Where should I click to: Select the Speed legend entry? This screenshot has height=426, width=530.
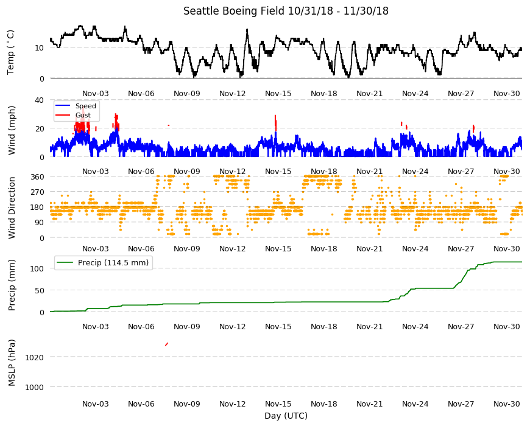pos(76,106)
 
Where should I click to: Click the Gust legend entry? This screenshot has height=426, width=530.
pos(73,115)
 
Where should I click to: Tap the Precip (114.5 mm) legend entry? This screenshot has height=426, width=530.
pos(103,263)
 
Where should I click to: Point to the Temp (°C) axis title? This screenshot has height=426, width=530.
pos(10,52)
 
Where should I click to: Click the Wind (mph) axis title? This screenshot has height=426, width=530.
pos(12,130)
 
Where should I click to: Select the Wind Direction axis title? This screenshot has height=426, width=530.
pos(12,208)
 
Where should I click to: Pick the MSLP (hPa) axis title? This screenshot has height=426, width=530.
pos(12,363)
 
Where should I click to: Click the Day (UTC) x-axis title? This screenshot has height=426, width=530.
pos(286,416)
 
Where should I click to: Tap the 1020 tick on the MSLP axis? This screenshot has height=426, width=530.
pos(35,357)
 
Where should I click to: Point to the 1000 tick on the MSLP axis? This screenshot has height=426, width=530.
pos(35,387)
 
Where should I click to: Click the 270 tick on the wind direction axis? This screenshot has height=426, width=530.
pos(37,192)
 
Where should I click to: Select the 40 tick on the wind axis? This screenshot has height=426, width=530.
pos(39,100)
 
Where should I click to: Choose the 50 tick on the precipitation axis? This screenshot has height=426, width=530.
pos(39,290)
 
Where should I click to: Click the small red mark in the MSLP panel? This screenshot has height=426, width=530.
pos(167,344)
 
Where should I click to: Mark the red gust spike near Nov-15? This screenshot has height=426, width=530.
pos(276,123)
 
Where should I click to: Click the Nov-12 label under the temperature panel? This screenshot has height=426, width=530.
pos(233,94)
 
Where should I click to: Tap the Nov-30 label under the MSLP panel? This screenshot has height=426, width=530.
pos(507,403)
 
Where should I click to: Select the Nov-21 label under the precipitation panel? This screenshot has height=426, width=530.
pos(369,326)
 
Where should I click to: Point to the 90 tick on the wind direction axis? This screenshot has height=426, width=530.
pos(39,223)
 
